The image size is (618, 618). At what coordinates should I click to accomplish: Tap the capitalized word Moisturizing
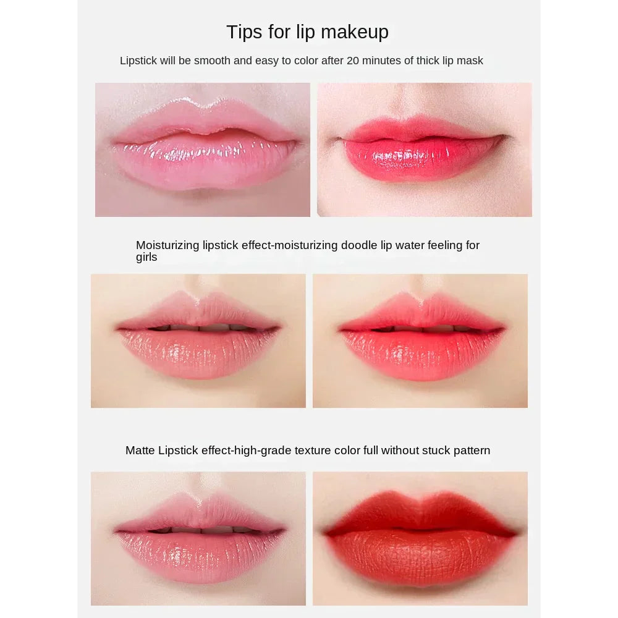pos(168,245)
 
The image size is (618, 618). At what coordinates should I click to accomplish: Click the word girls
pos(146,257)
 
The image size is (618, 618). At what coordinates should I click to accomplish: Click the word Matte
pos(140,451)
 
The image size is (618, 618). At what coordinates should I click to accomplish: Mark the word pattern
pos(472,451)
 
